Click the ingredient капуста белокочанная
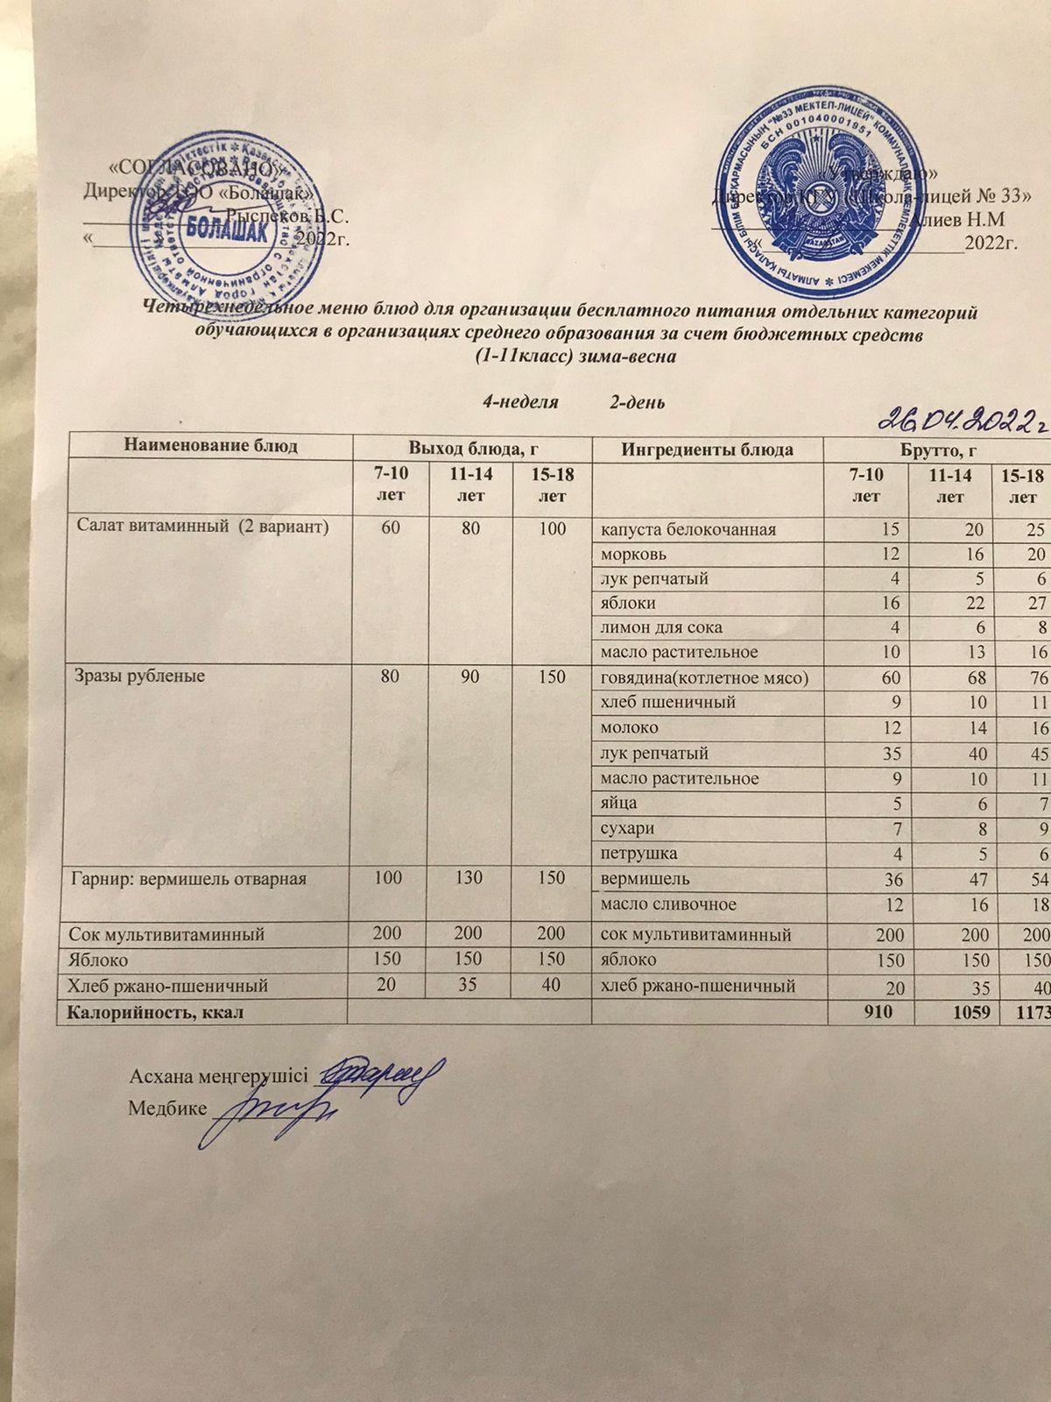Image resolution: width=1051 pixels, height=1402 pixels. pos(688,530)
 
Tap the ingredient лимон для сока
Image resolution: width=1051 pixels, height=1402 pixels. pos(661,628)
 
